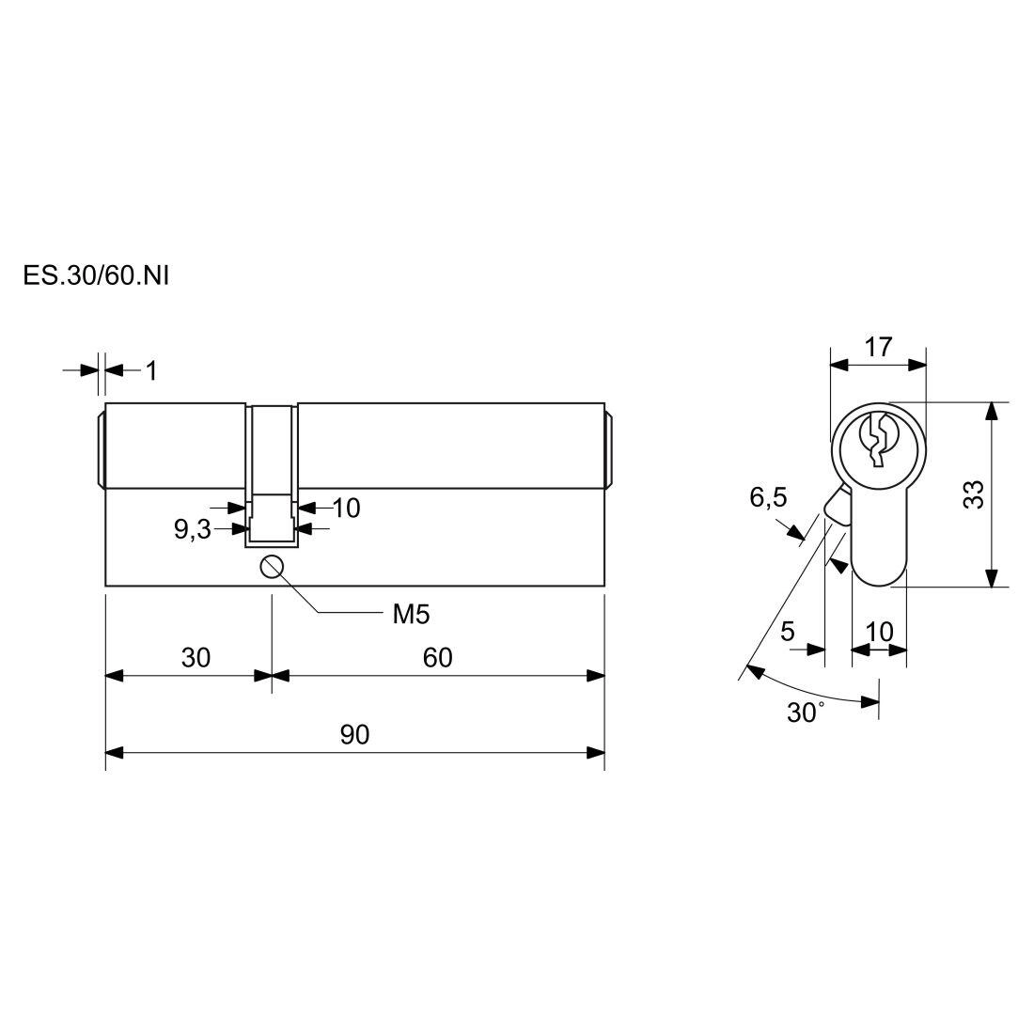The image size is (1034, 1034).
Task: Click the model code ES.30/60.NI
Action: (x=96, y=275)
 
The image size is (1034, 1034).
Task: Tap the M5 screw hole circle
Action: (x=272, y=567)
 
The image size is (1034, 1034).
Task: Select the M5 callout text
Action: (x=411, y=615)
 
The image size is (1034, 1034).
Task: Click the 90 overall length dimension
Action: (x=354, y=735)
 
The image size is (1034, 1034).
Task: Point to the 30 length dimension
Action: (x=196, y=657)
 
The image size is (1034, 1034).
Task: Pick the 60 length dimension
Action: (x=438, y=657)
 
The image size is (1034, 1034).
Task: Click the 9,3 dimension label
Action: (x=192, y=529)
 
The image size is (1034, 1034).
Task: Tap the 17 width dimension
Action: (x=878, y=347)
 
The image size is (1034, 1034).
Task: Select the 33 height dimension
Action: (x=973, y=494)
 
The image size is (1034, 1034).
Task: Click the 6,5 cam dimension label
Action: (x=768, y=497)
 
